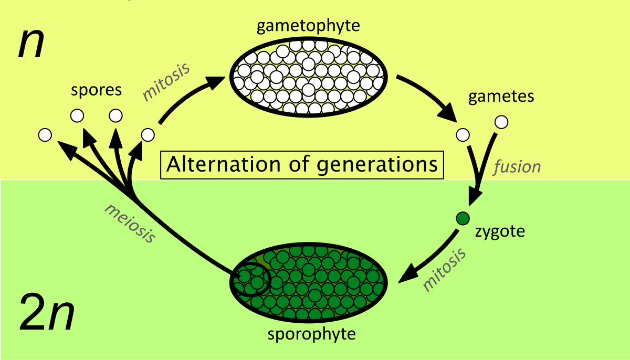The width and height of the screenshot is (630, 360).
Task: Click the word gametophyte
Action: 309,26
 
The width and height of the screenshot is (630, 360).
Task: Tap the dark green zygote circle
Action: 462,218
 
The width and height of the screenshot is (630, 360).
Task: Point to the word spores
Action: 97,90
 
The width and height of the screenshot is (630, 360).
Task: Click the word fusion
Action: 517,167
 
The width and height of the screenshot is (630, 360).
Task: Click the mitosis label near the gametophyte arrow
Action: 166,81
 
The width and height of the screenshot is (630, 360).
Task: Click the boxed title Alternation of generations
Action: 302,165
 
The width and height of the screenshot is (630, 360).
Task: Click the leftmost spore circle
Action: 45,135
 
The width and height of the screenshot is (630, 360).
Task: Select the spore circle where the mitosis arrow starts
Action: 148,135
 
